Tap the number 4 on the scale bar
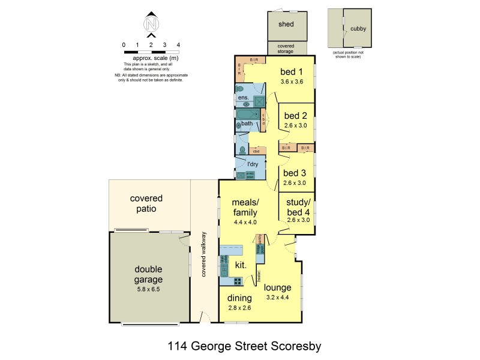[x=178, y=45]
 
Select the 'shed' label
[x=286, y=25]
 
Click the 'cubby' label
[x=358, y=28]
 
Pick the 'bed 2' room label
[x=296, y=115]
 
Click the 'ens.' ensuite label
[x=243, y=97]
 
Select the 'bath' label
[x=247, y=124]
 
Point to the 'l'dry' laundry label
[x=253, y=164]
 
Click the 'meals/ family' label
[x=245, y=208]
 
